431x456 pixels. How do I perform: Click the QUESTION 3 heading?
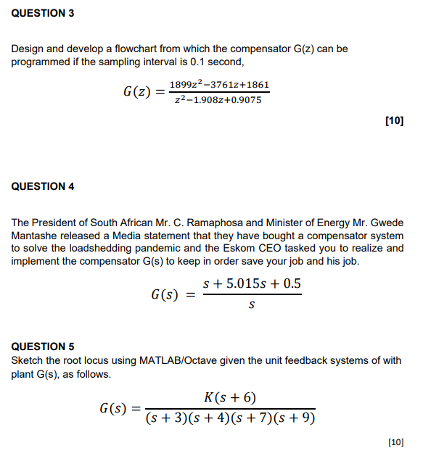point(43,14)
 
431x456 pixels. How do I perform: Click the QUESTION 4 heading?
point(43,186)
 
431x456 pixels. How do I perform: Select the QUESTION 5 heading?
point(43,347)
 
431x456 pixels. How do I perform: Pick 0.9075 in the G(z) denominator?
point(246,100)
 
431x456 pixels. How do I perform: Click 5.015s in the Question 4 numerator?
point(249,283)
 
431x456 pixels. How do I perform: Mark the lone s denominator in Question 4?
point(251,305)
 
